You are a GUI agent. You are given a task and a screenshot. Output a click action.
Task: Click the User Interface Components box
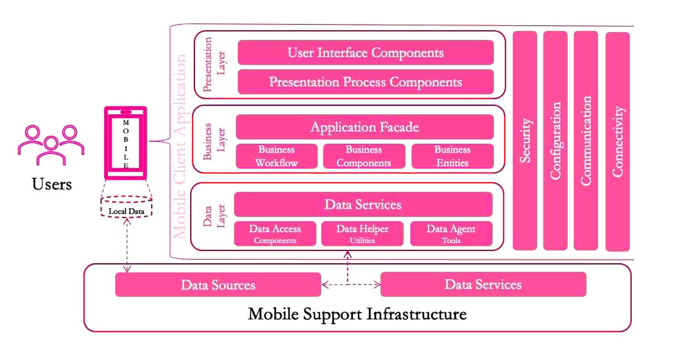365,53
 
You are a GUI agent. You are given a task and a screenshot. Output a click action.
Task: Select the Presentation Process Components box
365,82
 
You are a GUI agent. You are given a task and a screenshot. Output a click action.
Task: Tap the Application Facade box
364,127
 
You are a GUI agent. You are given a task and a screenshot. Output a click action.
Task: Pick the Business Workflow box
276,156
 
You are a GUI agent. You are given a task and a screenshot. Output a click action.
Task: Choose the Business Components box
364,156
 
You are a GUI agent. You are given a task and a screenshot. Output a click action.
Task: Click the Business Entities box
452,156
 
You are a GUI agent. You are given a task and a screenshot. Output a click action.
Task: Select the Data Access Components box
275,234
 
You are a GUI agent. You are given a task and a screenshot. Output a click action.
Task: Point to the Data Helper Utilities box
362,234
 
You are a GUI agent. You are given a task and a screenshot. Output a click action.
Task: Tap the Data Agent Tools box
451,234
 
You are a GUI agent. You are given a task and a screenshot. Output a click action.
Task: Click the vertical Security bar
525,141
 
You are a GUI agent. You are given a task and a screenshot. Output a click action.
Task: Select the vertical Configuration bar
555,141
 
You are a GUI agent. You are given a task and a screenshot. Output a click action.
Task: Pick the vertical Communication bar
586,141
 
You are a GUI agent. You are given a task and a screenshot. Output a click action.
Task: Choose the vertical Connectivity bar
618,141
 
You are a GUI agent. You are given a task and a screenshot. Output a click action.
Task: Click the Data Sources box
218,284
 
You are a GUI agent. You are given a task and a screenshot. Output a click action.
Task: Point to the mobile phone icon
126,142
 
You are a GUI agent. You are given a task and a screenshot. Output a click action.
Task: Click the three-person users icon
51,145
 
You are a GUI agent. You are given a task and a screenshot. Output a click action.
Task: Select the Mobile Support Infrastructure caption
357,314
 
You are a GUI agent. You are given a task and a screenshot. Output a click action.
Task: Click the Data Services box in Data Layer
363,204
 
